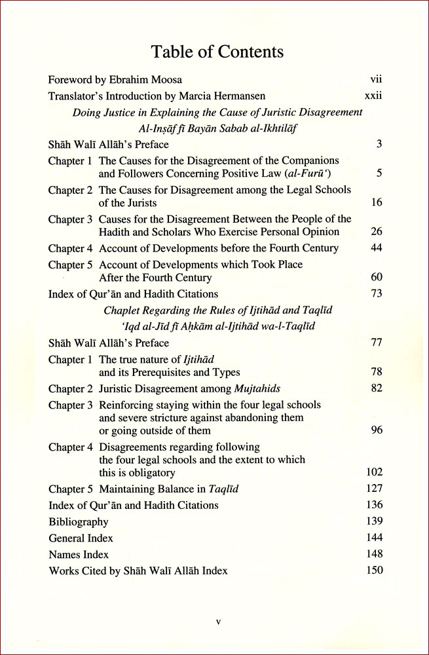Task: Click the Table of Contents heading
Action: pyautogui.click(x=217, y=51)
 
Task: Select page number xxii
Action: pyautogui.click(x=373, y=96)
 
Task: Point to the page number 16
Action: pyautogui.click(x=376, y=203)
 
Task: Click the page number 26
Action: pyautogui.click(x=376, y=232)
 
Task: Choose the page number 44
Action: pyautogui.click(x=376, y=248)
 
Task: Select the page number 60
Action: pyautogui.click(x=376, y=278)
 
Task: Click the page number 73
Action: pyautogui.click(x=376, y=293)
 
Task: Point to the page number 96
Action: pyautogui.click(x=376, y=430)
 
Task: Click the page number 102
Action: pyautogui.click(x=374, y=472)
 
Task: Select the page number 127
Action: pyautogui.click(x=374, y=489)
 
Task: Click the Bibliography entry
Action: pyautogui.click(x=79, y=522)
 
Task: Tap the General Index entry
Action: pyautogui.click(x=81, y=538)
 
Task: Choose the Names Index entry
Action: pyautogui.click(x=79, y=554)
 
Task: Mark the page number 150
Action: pyautogui.click(x=374, y=571)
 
